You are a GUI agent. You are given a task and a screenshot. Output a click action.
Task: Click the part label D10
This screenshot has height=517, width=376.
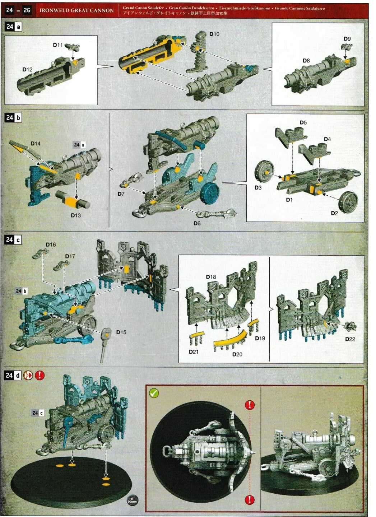tap(214, 34)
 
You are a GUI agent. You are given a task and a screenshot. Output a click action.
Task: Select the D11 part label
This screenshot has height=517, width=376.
tap(58, 45)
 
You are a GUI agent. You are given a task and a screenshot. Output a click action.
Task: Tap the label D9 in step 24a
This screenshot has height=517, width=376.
tap(347, 39)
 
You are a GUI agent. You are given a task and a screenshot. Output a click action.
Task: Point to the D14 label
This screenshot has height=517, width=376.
tap(36, 144)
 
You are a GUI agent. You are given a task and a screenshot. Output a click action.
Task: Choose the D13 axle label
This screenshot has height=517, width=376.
tap(76, 215)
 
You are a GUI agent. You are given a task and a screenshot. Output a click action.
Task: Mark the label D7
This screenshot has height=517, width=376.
tap(121, 194)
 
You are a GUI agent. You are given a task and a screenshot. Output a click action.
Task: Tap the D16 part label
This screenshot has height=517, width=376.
tap(51, 244)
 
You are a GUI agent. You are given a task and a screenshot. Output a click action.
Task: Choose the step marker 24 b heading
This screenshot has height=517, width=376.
tap(13, 118)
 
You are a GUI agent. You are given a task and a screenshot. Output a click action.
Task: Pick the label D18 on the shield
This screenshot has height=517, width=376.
tap(211, 277)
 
